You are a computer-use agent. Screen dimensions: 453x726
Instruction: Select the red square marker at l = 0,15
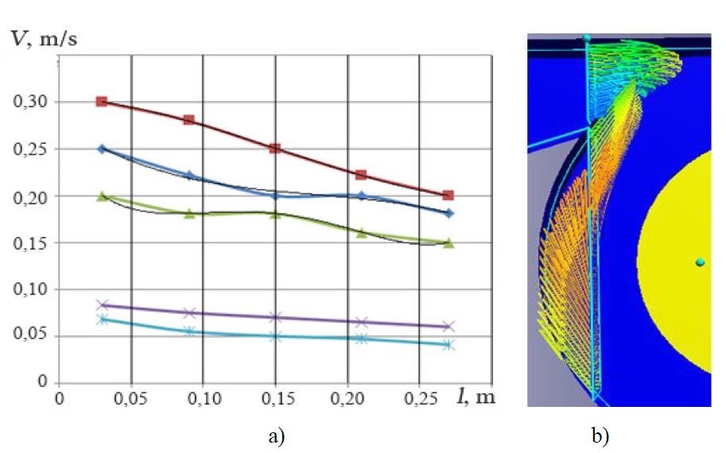(x=275, y=149)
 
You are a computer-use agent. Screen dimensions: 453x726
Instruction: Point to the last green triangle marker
(x=448, y=243)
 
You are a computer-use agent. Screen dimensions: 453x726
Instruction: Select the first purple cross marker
(x=102, y=304)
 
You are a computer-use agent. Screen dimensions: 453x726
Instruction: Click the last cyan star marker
(x=448, y=345)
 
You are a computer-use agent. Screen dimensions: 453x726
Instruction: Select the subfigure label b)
(x=600, y=436)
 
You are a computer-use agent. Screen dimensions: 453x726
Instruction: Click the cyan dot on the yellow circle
(x=700, y=262)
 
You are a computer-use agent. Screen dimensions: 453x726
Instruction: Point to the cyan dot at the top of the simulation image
(x=587, y=37)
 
